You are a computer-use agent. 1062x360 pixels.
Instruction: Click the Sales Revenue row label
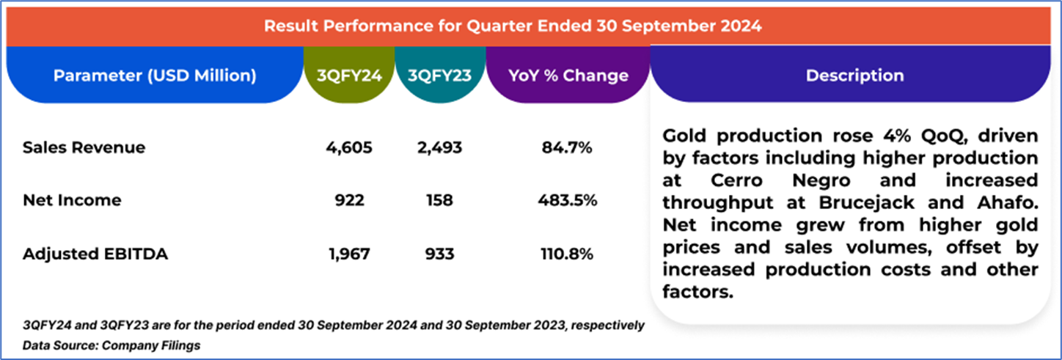point(84,147)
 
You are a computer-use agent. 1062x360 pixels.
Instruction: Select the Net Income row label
point(72,200)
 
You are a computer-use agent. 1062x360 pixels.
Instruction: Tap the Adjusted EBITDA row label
point(95,254)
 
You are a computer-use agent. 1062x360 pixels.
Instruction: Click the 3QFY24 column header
point(349,76)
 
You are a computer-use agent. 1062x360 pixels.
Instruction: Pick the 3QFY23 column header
point(440,76)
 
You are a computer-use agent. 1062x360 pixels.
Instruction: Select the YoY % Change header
point(568,76)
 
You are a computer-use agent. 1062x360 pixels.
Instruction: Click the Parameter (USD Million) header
point(155,76)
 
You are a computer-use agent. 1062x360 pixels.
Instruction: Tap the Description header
point(854,76)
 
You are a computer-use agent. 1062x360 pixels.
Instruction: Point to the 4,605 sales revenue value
point(349,147)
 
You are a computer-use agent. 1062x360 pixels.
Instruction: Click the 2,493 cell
point(439,147)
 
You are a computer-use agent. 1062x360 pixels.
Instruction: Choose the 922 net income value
point(349,200)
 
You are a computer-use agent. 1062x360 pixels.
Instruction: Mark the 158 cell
point(439,200)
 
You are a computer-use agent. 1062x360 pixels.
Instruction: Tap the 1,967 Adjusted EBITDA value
point(349,254)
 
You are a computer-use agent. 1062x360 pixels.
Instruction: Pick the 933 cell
point(439,254)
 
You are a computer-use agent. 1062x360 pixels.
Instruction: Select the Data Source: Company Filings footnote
point(111,345)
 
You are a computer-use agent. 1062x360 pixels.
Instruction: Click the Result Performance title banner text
point(513,26)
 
